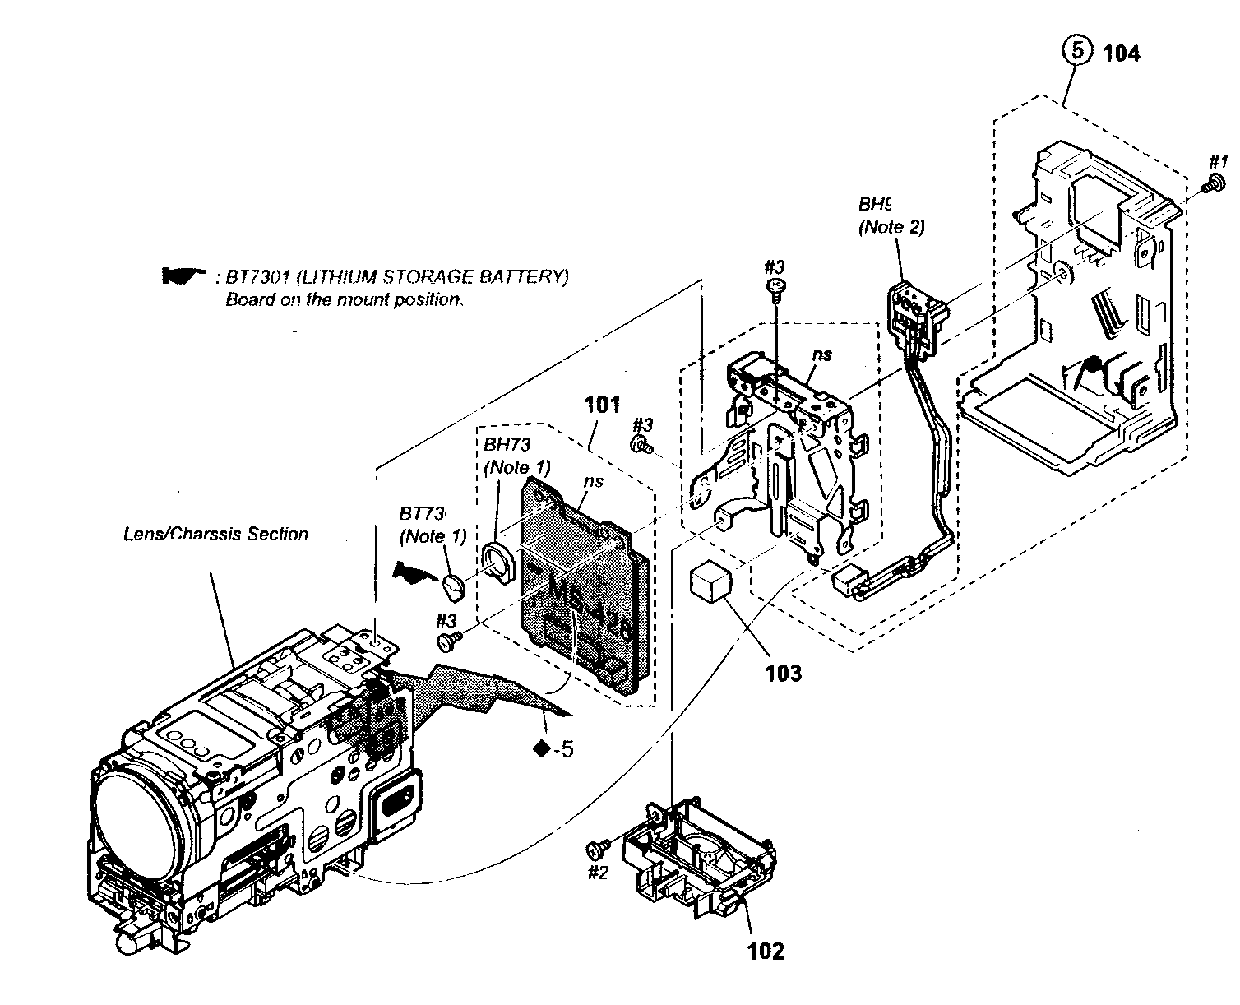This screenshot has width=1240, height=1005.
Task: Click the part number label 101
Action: click(x=602, y=405)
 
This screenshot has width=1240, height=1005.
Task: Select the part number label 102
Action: click(x=765, y=952)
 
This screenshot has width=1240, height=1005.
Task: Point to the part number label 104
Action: click(x=1121, y=53)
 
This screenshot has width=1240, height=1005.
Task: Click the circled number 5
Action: click(x=1076, y=51)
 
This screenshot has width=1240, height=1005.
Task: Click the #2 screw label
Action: click(x=597, y=873)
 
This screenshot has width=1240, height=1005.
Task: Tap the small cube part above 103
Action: click(x=710, y=583)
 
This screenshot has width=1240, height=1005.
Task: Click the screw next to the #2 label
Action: click(x=596, y=848)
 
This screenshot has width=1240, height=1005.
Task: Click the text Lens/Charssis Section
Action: click(x=215, y=534)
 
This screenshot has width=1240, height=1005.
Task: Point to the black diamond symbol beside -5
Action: click(x=541, y=748)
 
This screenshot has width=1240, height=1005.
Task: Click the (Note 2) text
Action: click(x=891, y=227)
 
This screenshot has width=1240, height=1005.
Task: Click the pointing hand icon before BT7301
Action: click(x=183, y=276)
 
